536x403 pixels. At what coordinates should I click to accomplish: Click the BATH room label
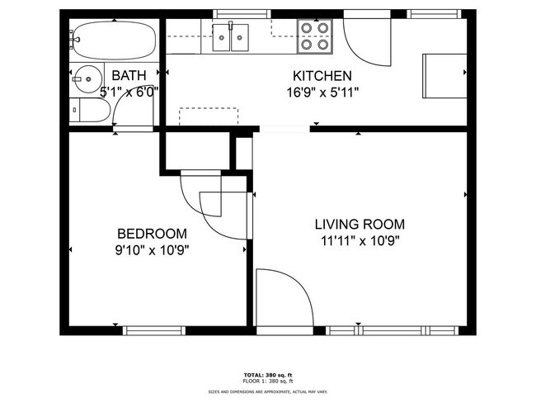(x=129, y=75)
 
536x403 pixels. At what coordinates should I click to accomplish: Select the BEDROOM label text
(x=151, y=234)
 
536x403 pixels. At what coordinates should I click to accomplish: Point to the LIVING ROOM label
(x=360, y=224)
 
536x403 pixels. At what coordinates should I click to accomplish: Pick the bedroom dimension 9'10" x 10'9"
(x=151, y=251)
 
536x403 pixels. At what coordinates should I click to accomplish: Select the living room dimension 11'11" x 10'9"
(x=360, y=241)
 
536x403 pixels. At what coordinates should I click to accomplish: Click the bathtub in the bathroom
(x=111, y=37)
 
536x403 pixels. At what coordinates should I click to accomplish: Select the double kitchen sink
(x=232, y=36)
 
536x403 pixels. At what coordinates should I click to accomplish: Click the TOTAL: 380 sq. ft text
(x=267, y=373)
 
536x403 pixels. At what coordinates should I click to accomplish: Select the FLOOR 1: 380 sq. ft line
(x=267, y=382)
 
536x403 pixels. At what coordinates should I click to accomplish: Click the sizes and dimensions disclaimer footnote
(x=267, y=391)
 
